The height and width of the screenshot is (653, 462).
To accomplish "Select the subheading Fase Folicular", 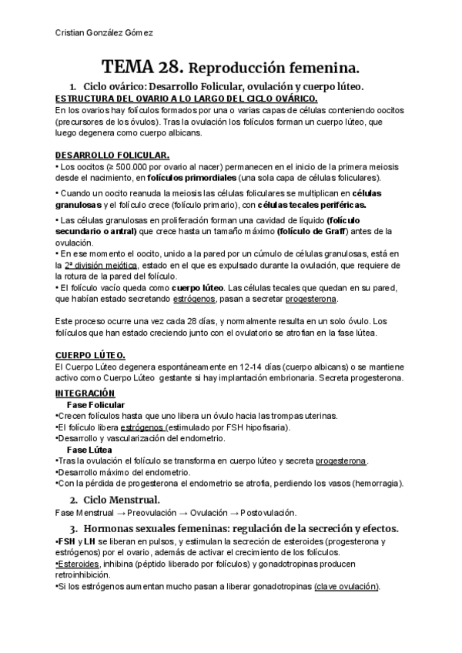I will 95,405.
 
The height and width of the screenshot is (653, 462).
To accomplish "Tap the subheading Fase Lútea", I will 90,449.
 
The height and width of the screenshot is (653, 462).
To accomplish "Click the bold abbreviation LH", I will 89,541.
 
